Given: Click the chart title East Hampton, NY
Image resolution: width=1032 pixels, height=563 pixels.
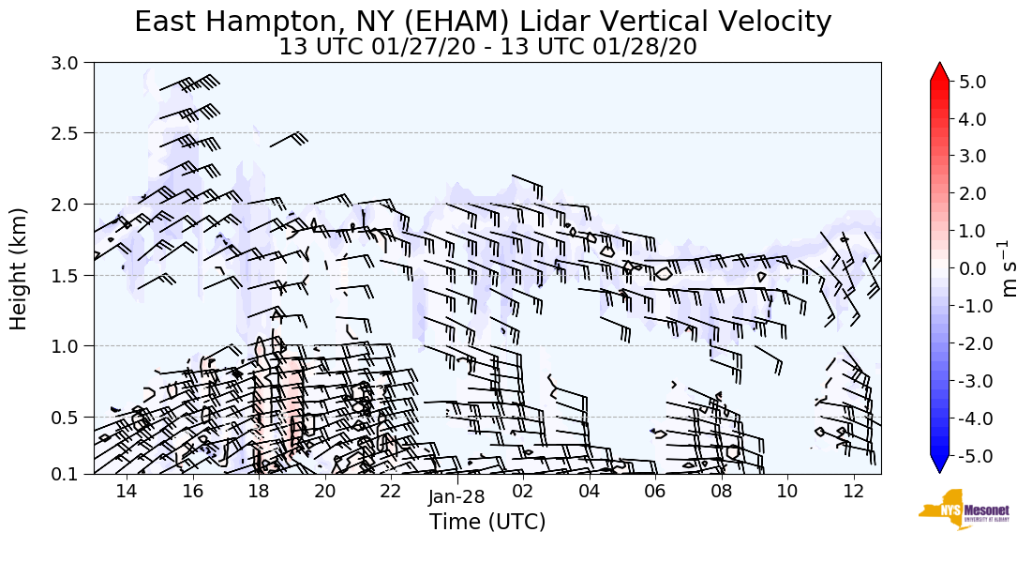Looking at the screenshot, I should click(483, 22).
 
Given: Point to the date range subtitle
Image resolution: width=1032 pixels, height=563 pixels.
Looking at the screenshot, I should click(487, 47).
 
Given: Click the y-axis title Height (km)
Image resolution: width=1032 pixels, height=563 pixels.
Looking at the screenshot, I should click(20, 267).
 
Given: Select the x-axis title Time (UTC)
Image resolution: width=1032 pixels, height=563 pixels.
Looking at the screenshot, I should click(487, 522).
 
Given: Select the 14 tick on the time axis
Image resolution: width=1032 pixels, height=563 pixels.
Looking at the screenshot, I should click(127, 492).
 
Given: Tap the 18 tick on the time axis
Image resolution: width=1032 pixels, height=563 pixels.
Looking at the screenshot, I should click(259, 492).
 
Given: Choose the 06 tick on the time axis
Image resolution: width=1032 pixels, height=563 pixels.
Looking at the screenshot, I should click(654, 492).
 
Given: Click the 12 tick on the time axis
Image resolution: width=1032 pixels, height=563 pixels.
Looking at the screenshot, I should click(853, 492).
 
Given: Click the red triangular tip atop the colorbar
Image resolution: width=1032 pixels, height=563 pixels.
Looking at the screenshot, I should click(939, 72).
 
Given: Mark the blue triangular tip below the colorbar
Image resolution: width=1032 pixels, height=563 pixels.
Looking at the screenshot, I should click(939, 464).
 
